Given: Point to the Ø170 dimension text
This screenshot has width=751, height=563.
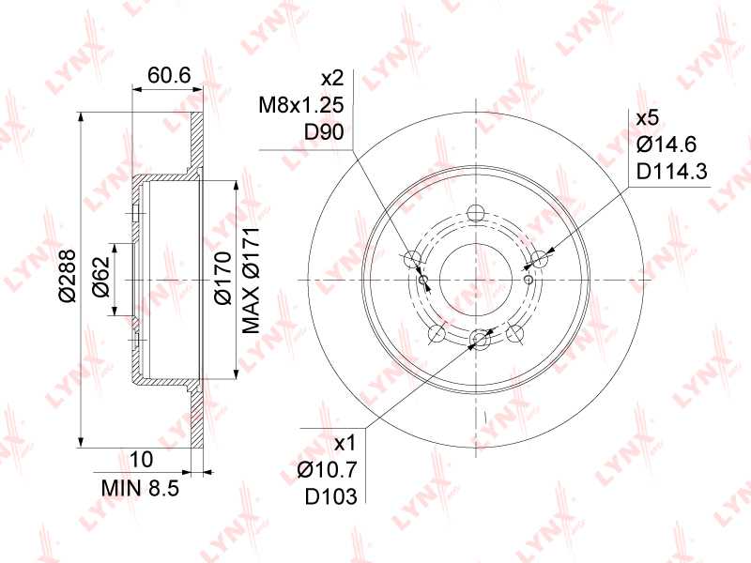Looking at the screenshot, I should tap(222, 280).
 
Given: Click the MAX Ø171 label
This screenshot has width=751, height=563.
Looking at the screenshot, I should tap(251, 280).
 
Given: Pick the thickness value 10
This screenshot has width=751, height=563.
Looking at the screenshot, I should tap(142, 459).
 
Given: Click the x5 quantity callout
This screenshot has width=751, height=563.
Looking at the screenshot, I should tap(647, 118).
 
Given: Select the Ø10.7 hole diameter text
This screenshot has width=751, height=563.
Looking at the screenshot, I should tap(328, 470).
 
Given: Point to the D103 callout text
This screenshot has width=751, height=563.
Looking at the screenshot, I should tap(331, 496).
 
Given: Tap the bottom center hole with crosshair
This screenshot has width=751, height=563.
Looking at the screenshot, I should tap(480, 341).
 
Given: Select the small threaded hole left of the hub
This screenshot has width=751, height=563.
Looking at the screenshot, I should tap(425, 280).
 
